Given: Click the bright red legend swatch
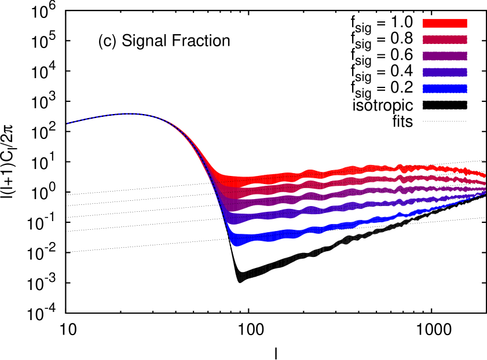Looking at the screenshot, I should [445, 23].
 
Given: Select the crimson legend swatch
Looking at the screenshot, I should [445, 39].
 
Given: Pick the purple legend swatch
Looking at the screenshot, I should [445, 56].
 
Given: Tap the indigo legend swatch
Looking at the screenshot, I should [445, 72].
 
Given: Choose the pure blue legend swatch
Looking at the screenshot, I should [445, 89].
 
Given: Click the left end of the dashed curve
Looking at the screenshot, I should [67, 123].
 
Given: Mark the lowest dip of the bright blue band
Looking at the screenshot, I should [237, 244].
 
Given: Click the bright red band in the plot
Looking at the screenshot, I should [347, 170].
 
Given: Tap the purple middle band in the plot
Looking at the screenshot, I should [347, 193].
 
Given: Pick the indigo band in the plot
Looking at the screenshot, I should [347, 207].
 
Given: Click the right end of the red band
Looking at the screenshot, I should [485, 175].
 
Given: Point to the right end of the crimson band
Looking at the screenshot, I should [485, 183].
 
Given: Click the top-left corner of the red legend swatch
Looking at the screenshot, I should [423, 19].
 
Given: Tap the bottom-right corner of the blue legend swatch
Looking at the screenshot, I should [467, 93].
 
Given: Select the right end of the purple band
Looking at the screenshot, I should [485, 189].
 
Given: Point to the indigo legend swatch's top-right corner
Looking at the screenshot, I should [467, 68].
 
